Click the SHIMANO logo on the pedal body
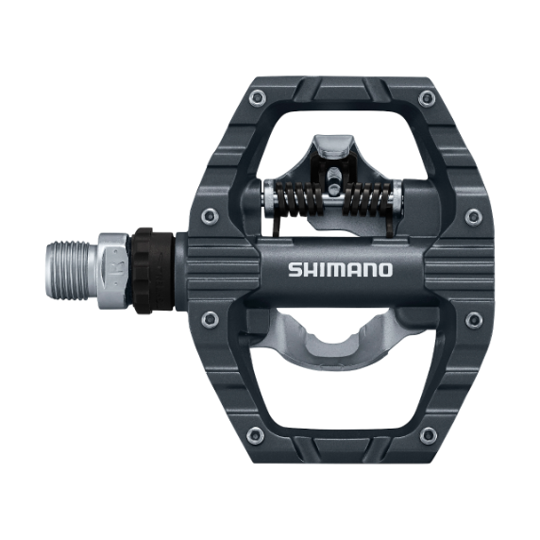pyautogui.click(x=339, y=269)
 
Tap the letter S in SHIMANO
pyautogui.click(x=295, y=269)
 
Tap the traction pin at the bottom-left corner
pyautogui.click(x=254, y=435)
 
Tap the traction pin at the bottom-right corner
pyautogui.click(x=428, y=435)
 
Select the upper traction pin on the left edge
pyautogui.click(x=210, y=216)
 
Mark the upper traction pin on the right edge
pyautogui.click(x=473, y=216)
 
